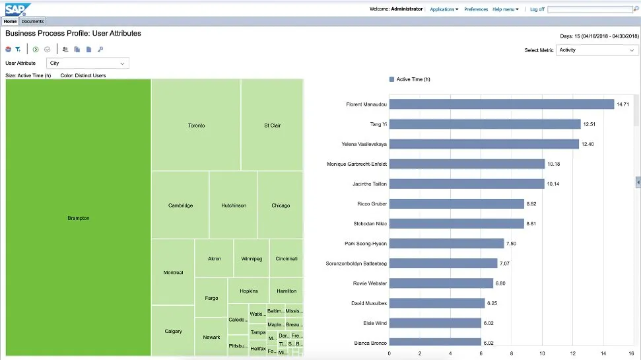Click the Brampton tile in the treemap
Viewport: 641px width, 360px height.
coord(78,218)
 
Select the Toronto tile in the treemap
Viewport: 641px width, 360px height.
coord(196,125)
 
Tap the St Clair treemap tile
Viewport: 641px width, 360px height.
coord(272,125)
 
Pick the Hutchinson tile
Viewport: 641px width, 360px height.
coord(234,205)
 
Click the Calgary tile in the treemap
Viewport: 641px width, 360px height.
coord(173,331)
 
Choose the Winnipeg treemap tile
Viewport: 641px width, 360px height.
coord(252,258)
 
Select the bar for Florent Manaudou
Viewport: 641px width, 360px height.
coord(501,104)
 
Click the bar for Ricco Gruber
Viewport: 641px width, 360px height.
coord(456,204)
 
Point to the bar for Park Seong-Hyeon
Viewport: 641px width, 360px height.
coord(446,244)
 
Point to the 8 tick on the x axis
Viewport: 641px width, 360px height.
coord(512,353)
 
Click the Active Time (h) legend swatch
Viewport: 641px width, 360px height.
coord(391,79)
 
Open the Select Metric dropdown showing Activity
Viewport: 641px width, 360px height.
coord(597,50)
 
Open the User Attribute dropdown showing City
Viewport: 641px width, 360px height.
coord(87,63)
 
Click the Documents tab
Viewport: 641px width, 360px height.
coord(32,22)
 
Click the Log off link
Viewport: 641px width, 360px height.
coord(537,9)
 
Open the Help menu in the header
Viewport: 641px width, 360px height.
coord(505,9)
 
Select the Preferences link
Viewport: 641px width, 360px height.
coord(475,9)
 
